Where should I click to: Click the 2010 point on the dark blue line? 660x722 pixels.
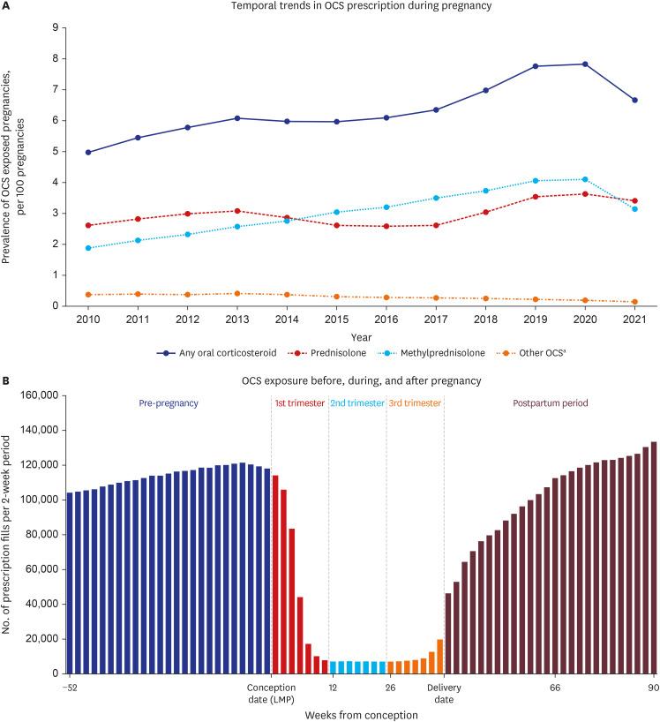coord(88,153)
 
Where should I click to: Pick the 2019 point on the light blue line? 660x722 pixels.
coord(536,181)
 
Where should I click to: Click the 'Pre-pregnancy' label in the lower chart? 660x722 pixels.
coord(169,403)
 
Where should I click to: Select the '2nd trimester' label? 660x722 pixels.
coord(356,403)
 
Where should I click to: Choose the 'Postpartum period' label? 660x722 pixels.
coord(551,403)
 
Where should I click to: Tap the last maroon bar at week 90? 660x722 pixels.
coord(654,557)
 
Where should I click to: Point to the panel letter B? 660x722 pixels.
coord(6,381)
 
